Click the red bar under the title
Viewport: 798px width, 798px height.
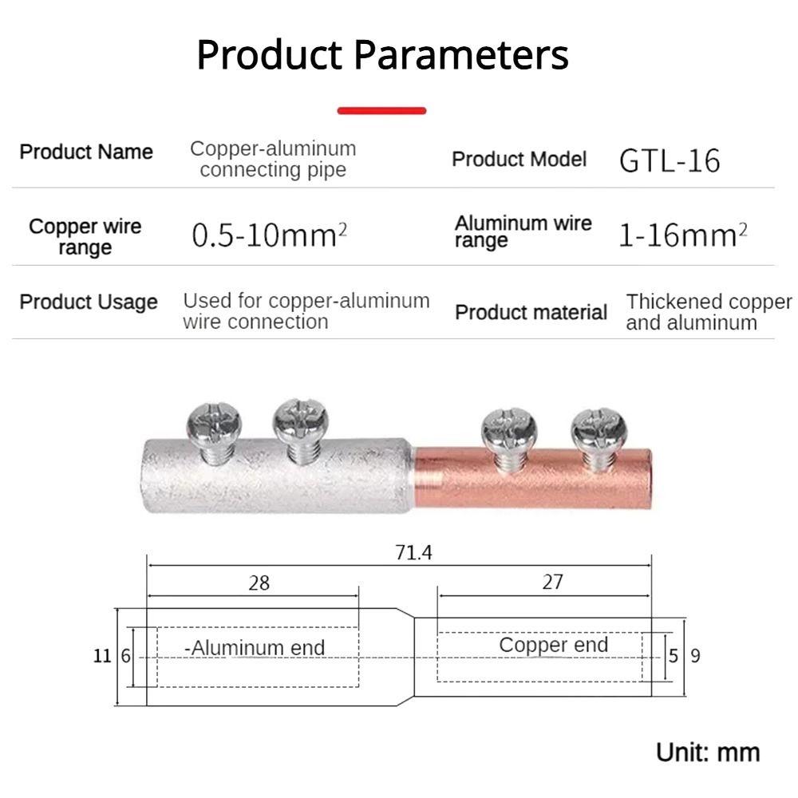[381, 111]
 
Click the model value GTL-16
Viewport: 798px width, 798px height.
[670, 160]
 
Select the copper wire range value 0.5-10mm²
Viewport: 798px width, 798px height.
[270, 235]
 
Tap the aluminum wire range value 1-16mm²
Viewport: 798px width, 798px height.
[683, 235]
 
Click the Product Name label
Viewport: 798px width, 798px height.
[86, 152]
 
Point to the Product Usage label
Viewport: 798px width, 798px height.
[89, 302]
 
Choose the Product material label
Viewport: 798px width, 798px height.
[531, 312]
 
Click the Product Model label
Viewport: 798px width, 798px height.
[519, 160]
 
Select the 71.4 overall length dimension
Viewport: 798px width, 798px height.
[413, 552]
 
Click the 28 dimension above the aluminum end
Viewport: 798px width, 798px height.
[259, 583]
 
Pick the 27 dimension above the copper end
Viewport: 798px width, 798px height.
[552, 582]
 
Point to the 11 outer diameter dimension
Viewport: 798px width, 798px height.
[102, 656]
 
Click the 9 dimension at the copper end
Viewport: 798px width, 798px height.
[695, 656]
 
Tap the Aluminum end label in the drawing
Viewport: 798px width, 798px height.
[255, 647]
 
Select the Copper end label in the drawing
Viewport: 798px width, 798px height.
[553, 645]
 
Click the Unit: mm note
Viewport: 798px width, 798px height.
[708, 752]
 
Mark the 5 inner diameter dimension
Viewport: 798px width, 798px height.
[674, 656]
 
